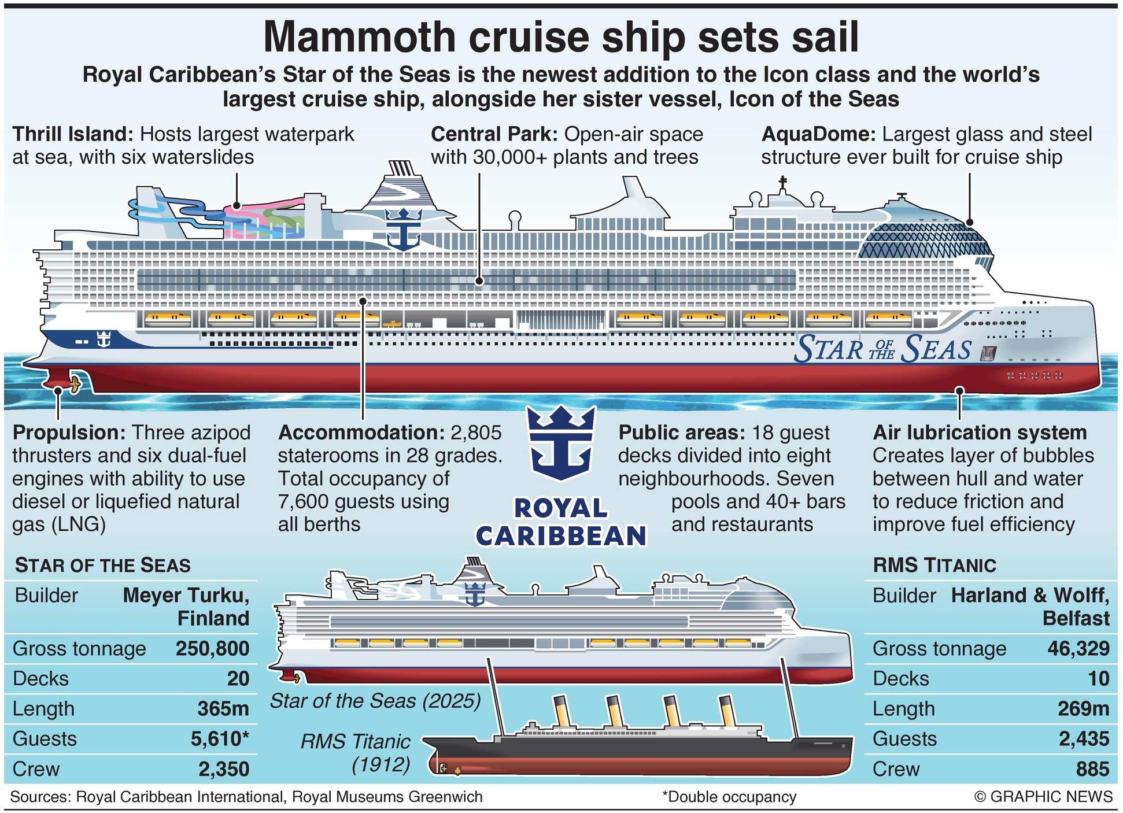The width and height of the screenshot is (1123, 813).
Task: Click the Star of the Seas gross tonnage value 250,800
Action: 212,649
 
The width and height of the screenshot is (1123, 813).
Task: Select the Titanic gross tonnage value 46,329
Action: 1078,649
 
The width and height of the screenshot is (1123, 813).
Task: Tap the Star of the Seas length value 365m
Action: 223,709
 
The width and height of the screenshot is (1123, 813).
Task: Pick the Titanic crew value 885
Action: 1092,769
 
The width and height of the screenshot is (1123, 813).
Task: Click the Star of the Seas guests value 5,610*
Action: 220,739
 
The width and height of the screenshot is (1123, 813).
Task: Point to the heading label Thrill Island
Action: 73,134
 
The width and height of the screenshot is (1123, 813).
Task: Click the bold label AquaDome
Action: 818,134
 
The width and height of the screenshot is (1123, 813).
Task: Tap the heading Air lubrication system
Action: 980,433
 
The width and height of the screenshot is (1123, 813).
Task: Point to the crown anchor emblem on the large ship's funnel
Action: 403,228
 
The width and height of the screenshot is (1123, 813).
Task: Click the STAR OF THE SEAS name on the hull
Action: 882,349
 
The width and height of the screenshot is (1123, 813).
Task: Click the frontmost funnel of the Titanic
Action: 727,711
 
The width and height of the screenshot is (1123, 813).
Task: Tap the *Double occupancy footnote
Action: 729,797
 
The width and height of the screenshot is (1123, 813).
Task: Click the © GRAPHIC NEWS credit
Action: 1043,797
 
